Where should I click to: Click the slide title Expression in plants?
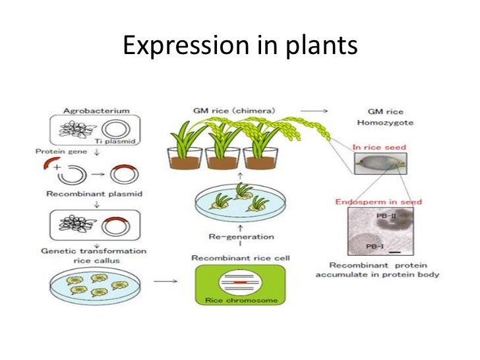tap(240, 45)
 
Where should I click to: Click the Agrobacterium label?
tap(96, 111)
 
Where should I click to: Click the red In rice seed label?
tap(378, 148)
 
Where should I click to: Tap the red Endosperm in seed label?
tap(378, 201)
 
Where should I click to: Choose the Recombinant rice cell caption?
tap(241, 257)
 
